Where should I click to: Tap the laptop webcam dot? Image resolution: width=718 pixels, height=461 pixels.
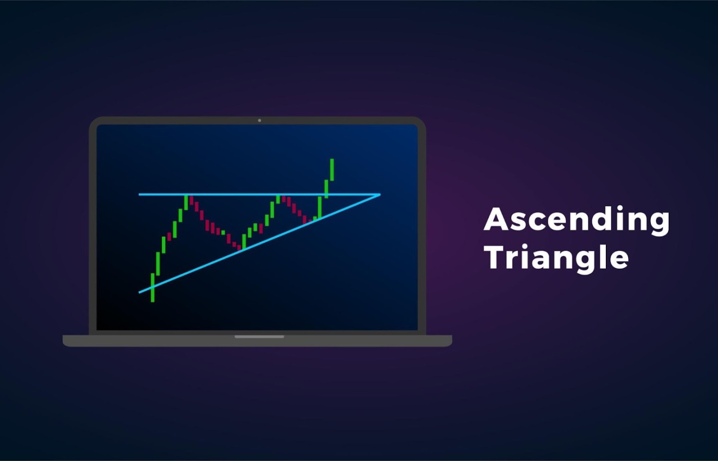[259, 120]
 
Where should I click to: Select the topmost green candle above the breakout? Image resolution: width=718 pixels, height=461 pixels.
[332, 170]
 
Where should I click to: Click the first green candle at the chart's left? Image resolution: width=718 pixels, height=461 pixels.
[153, 287]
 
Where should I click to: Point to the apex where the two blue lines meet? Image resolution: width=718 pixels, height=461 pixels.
[380, 194]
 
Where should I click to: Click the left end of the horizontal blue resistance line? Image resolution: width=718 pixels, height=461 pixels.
[139, 194]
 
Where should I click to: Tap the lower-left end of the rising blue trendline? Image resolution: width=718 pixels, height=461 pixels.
[139, 292]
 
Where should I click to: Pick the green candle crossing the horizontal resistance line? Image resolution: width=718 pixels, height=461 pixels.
[326, 189]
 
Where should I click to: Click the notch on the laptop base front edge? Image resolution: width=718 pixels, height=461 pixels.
[259, 337]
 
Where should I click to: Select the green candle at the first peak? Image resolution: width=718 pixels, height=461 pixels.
[186, 203]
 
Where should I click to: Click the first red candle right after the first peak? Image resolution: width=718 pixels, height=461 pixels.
[191, 201]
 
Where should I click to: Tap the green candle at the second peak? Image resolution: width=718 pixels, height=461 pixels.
[278, 199]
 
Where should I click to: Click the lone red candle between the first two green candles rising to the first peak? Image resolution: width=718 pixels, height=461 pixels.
[169, 236]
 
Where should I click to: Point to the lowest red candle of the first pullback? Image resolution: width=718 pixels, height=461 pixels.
[239, 247]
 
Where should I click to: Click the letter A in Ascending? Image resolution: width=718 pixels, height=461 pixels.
[496, 219]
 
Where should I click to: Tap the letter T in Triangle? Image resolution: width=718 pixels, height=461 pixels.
[496, 257]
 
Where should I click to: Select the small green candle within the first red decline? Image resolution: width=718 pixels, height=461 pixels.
[223, 232]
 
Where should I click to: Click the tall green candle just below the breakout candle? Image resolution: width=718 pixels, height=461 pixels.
[320, 208]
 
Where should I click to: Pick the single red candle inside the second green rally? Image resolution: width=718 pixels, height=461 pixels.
[261, 229]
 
